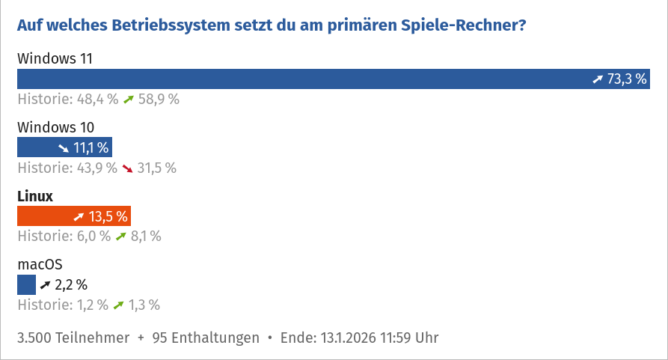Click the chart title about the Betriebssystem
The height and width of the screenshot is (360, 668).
(272, 25)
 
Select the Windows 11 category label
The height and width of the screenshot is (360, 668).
(55, 58)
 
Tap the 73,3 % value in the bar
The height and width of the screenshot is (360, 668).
(627, 79)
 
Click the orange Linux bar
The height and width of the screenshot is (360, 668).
(73, 216)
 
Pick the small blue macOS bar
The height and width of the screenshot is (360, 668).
(26, 284)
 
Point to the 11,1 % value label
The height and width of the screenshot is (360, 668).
(91, 147)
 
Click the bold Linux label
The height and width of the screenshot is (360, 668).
(35, 196)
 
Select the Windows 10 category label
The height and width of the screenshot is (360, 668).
(55, 127)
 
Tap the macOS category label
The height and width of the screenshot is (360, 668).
(40, 264)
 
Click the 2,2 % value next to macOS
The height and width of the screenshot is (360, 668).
(71, 284)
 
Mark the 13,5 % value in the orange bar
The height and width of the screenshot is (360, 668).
(108, 216)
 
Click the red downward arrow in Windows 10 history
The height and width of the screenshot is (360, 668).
(128, 168)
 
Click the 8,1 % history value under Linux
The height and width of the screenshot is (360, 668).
(145, 237)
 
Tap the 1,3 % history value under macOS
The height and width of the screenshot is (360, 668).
(144, 305)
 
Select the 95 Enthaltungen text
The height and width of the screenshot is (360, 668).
(206, 338)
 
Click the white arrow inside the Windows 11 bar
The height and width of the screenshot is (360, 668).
(597, 79)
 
